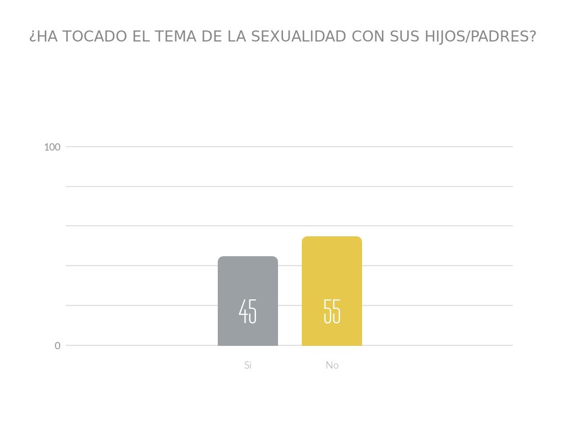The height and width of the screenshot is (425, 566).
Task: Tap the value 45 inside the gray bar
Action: tap(248, 312)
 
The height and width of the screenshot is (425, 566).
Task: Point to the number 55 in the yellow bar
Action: tap(332, 312)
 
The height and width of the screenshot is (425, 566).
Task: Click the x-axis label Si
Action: tap(248, 365)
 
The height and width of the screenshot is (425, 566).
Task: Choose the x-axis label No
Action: tap(332, 365)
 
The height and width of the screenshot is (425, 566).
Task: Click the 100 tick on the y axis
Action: tap(52, 147)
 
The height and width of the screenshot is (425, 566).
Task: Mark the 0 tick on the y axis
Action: tap(57, 346)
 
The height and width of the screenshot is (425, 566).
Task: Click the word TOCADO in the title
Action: tap(95, 37)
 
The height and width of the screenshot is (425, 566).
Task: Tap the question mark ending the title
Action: tap(533, 37)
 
